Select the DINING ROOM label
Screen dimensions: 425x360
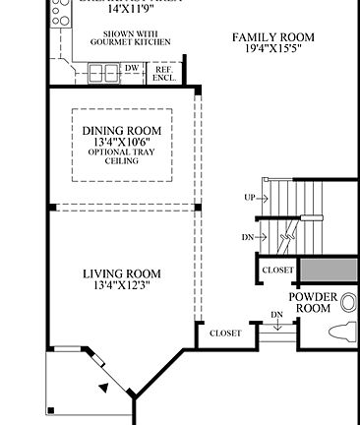[121, 131]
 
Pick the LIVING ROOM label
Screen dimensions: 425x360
[121, 273]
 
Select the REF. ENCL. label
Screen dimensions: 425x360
[163, 73]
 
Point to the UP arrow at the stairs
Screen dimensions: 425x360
[251, 198]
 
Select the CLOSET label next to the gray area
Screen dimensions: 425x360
[277, 270]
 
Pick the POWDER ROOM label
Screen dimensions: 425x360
[313, 302]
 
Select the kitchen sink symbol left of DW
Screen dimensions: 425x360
[99, 71]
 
